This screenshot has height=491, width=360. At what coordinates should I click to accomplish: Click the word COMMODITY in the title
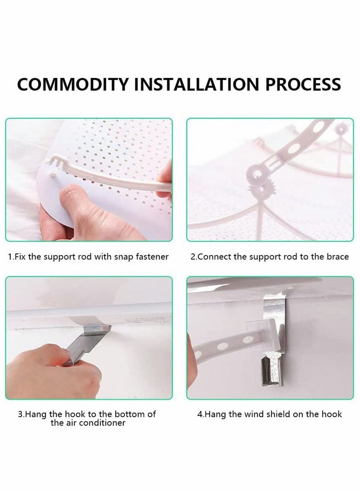point(73,84)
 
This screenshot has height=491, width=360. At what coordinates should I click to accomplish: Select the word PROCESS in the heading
point(303,84)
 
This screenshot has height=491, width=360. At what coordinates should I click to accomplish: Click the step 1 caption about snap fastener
point(88,257)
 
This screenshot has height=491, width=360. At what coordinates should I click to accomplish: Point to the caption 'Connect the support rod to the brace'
point(270,257)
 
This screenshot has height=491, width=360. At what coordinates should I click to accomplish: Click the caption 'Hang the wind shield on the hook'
point(270,414)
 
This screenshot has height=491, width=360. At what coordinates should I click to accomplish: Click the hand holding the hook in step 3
point(53,371)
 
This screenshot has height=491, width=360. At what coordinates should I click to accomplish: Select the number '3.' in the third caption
point(21,414)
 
